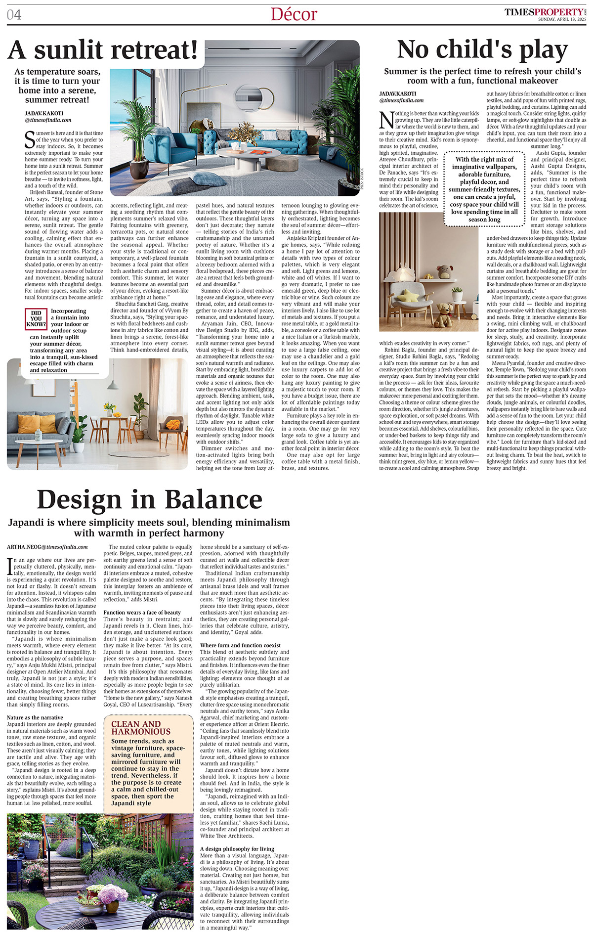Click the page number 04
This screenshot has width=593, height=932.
pyautogui.click(x=14, y=15)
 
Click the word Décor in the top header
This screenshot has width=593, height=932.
pyautogui.click(x=294, y=14)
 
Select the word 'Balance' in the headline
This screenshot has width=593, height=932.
pyautogui.click(x=213, y=499)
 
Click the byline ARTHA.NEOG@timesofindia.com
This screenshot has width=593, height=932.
pyautogui.click(x=47, y=547)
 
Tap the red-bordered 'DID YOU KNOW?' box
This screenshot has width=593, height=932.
pyautogui.click(x=36, y=319)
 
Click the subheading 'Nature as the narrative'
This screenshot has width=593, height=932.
pyautogui.click(x=35, y=717)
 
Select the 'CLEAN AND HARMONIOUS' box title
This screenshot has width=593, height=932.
pyautogui.click(x=141, y=728)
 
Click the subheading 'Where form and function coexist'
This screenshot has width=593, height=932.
pyautogui.click(x=240, y=645)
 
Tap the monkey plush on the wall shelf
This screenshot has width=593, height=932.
pyautogui.click(x=445, y=271)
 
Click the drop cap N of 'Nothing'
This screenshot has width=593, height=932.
pyautogui.click(x=386, y=120)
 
